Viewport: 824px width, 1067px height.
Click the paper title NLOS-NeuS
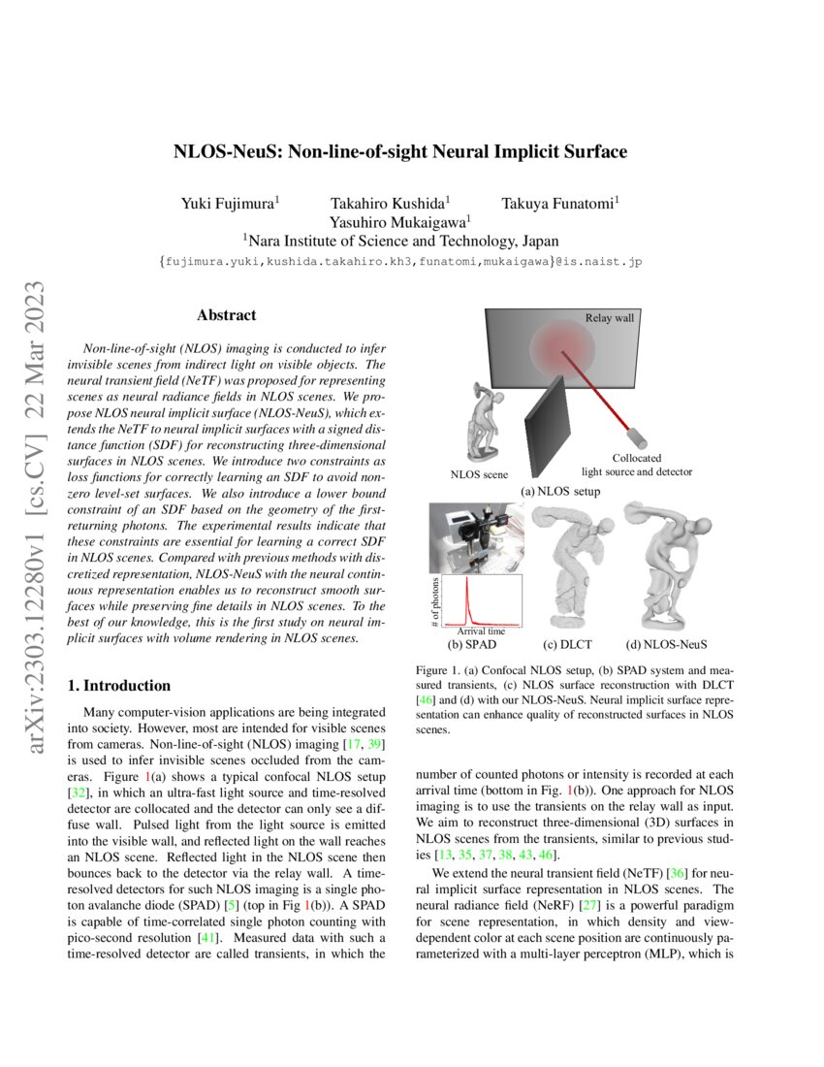[x=400, y=152]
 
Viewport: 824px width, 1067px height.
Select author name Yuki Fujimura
[x=231, y=203]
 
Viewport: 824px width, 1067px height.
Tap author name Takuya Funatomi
[x=560, y=203]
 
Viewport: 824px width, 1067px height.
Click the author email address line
[x=399, y=262]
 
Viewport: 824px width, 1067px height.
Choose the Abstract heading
[x=226, y=315]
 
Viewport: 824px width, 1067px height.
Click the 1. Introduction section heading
[x=119, y=686]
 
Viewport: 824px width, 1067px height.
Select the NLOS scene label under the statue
[x=479, y=474]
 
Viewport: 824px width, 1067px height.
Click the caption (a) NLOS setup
[x=560, y=491]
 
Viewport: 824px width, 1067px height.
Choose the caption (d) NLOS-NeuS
[x=666, y=643]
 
